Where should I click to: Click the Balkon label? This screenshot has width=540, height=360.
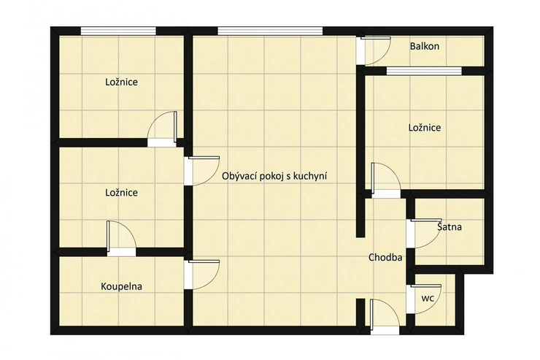coord(424,46)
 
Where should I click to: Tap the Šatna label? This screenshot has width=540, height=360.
coord(450,227)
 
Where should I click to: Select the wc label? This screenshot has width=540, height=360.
coord(428,299)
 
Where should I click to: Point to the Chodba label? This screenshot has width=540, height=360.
coord(385,257)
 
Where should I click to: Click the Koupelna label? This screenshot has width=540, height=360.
coord(121,286)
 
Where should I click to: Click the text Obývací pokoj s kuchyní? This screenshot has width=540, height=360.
coord(274,176)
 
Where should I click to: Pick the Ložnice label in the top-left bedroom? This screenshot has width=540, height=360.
coord(122,82)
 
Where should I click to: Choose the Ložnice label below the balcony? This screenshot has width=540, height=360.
coord(425,128)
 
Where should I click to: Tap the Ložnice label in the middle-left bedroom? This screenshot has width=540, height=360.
coord(122,192)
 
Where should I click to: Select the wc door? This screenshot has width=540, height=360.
coord(424,299)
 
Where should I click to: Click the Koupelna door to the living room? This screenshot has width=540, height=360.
coord(202,275)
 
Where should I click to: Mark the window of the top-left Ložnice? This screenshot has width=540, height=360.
coord(118,31)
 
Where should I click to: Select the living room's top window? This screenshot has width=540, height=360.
coord(270,31)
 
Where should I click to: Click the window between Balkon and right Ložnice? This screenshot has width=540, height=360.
coord(424,71)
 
